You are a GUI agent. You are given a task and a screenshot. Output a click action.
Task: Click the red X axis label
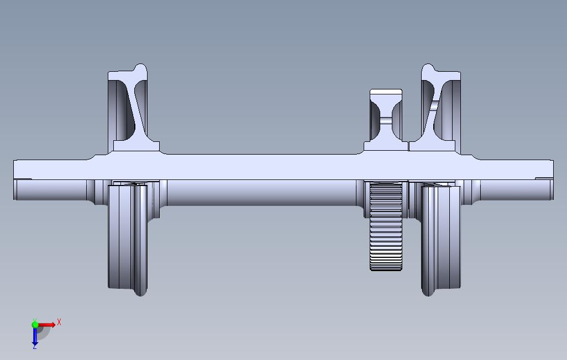tap(59, 322)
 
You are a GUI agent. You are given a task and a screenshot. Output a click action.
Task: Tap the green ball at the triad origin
tap(35, 325)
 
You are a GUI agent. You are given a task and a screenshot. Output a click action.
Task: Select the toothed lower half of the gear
tap(386, 232)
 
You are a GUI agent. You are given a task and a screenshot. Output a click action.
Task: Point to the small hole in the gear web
tap(386, 119)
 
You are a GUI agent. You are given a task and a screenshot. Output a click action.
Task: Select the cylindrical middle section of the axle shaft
tap(260, 192)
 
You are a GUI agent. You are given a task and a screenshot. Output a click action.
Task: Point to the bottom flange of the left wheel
tap(140, 287)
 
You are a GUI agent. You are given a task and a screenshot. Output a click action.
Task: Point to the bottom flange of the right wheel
tap(428, 287)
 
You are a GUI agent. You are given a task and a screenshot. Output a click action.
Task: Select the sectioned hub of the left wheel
tap(136, 146)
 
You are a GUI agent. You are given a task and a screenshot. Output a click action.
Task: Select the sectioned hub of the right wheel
tap(432, 146)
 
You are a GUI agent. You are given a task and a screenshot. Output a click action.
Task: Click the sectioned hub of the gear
tap(386, 146)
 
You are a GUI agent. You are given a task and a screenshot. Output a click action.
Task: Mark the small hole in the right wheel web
tap(435, 105)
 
